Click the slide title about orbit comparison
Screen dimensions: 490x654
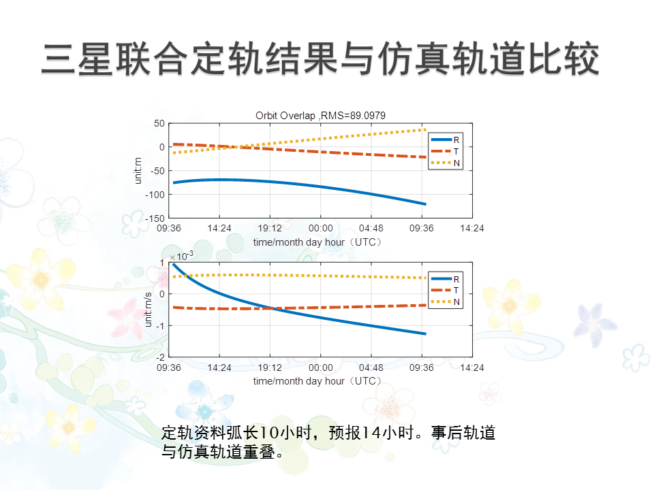pyautogui.click(x=320, y=59)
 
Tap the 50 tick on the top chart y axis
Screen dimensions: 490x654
pyautogui.click(x=159, y=123)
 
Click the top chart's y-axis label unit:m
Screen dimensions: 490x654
pyautogui.click(x=138, y=170)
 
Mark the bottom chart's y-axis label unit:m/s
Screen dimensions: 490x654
pyautogui.click(x=148, y=308)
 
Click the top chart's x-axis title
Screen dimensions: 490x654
pyautogui.click(x=317, y=242)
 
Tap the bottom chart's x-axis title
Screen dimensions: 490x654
pyautogui.click(x=317, y=381)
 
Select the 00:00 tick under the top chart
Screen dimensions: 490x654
pyautogui.click(x=321, y=229)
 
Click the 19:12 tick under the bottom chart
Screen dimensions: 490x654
pyautogui.click(x=270, y=367)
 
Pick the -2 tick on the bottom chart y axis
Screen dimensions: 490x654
pyautogui.click(x=161, y=357)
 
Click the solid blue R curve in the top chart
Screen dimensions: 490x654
pyautogui.click(x=320, y=186)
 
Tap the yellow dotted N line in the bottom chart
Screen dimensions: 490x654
pyautogui.click(x=320, y=275)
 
